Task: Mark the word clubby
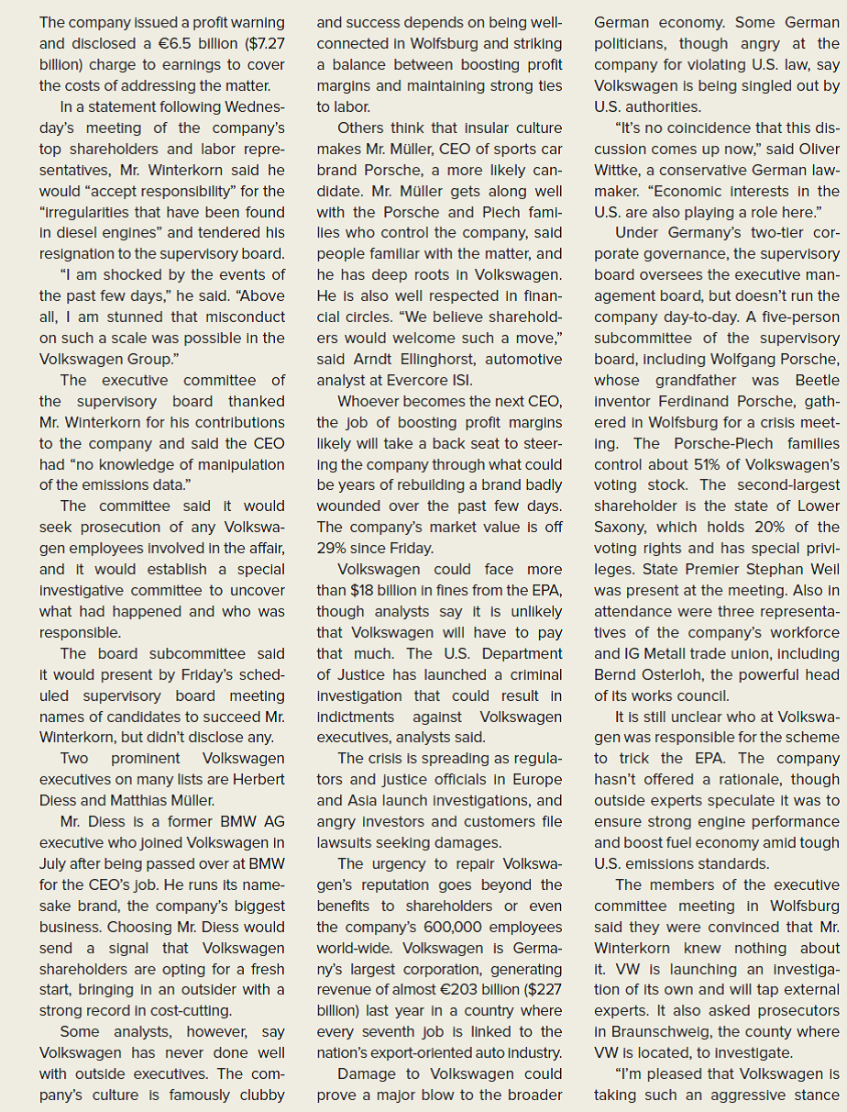(260, 1095)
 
